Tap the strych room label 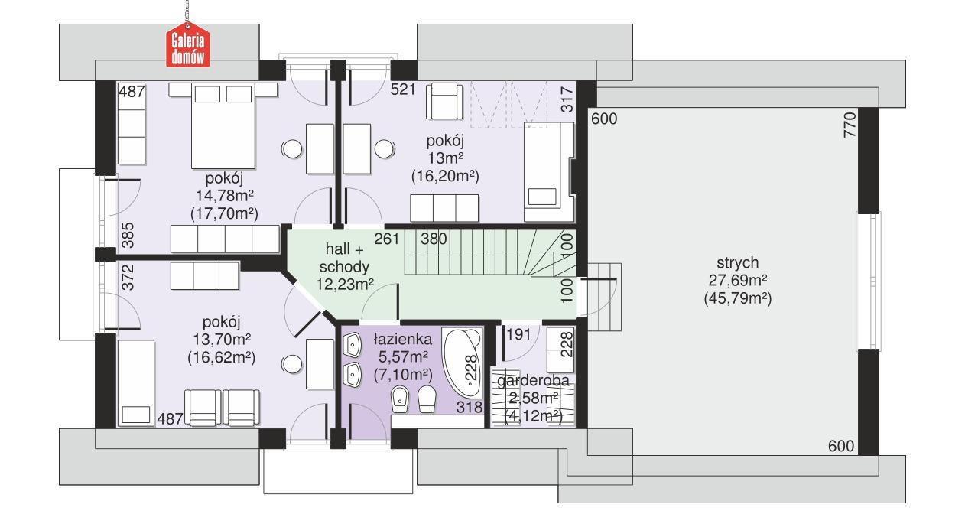(737, 264)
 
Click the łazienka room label (403, 339)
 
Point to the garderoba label (534, 381)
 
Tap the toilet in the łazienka (427, 399)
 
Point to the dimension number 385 (128, 236)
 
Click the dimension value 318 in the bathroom (470, 408)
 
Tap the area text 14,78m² (223, 196)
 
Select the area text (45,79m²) (737, 299)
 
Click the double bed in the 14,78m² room (223, 123)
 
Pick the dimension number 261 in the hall (387, 239)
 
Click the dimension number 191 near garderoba (518, 335)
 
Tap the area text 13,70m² (222, 339)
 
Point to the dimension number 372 (128, 276)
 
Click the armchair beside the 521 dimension (445, 101)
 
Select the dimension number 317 (567, 100)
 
